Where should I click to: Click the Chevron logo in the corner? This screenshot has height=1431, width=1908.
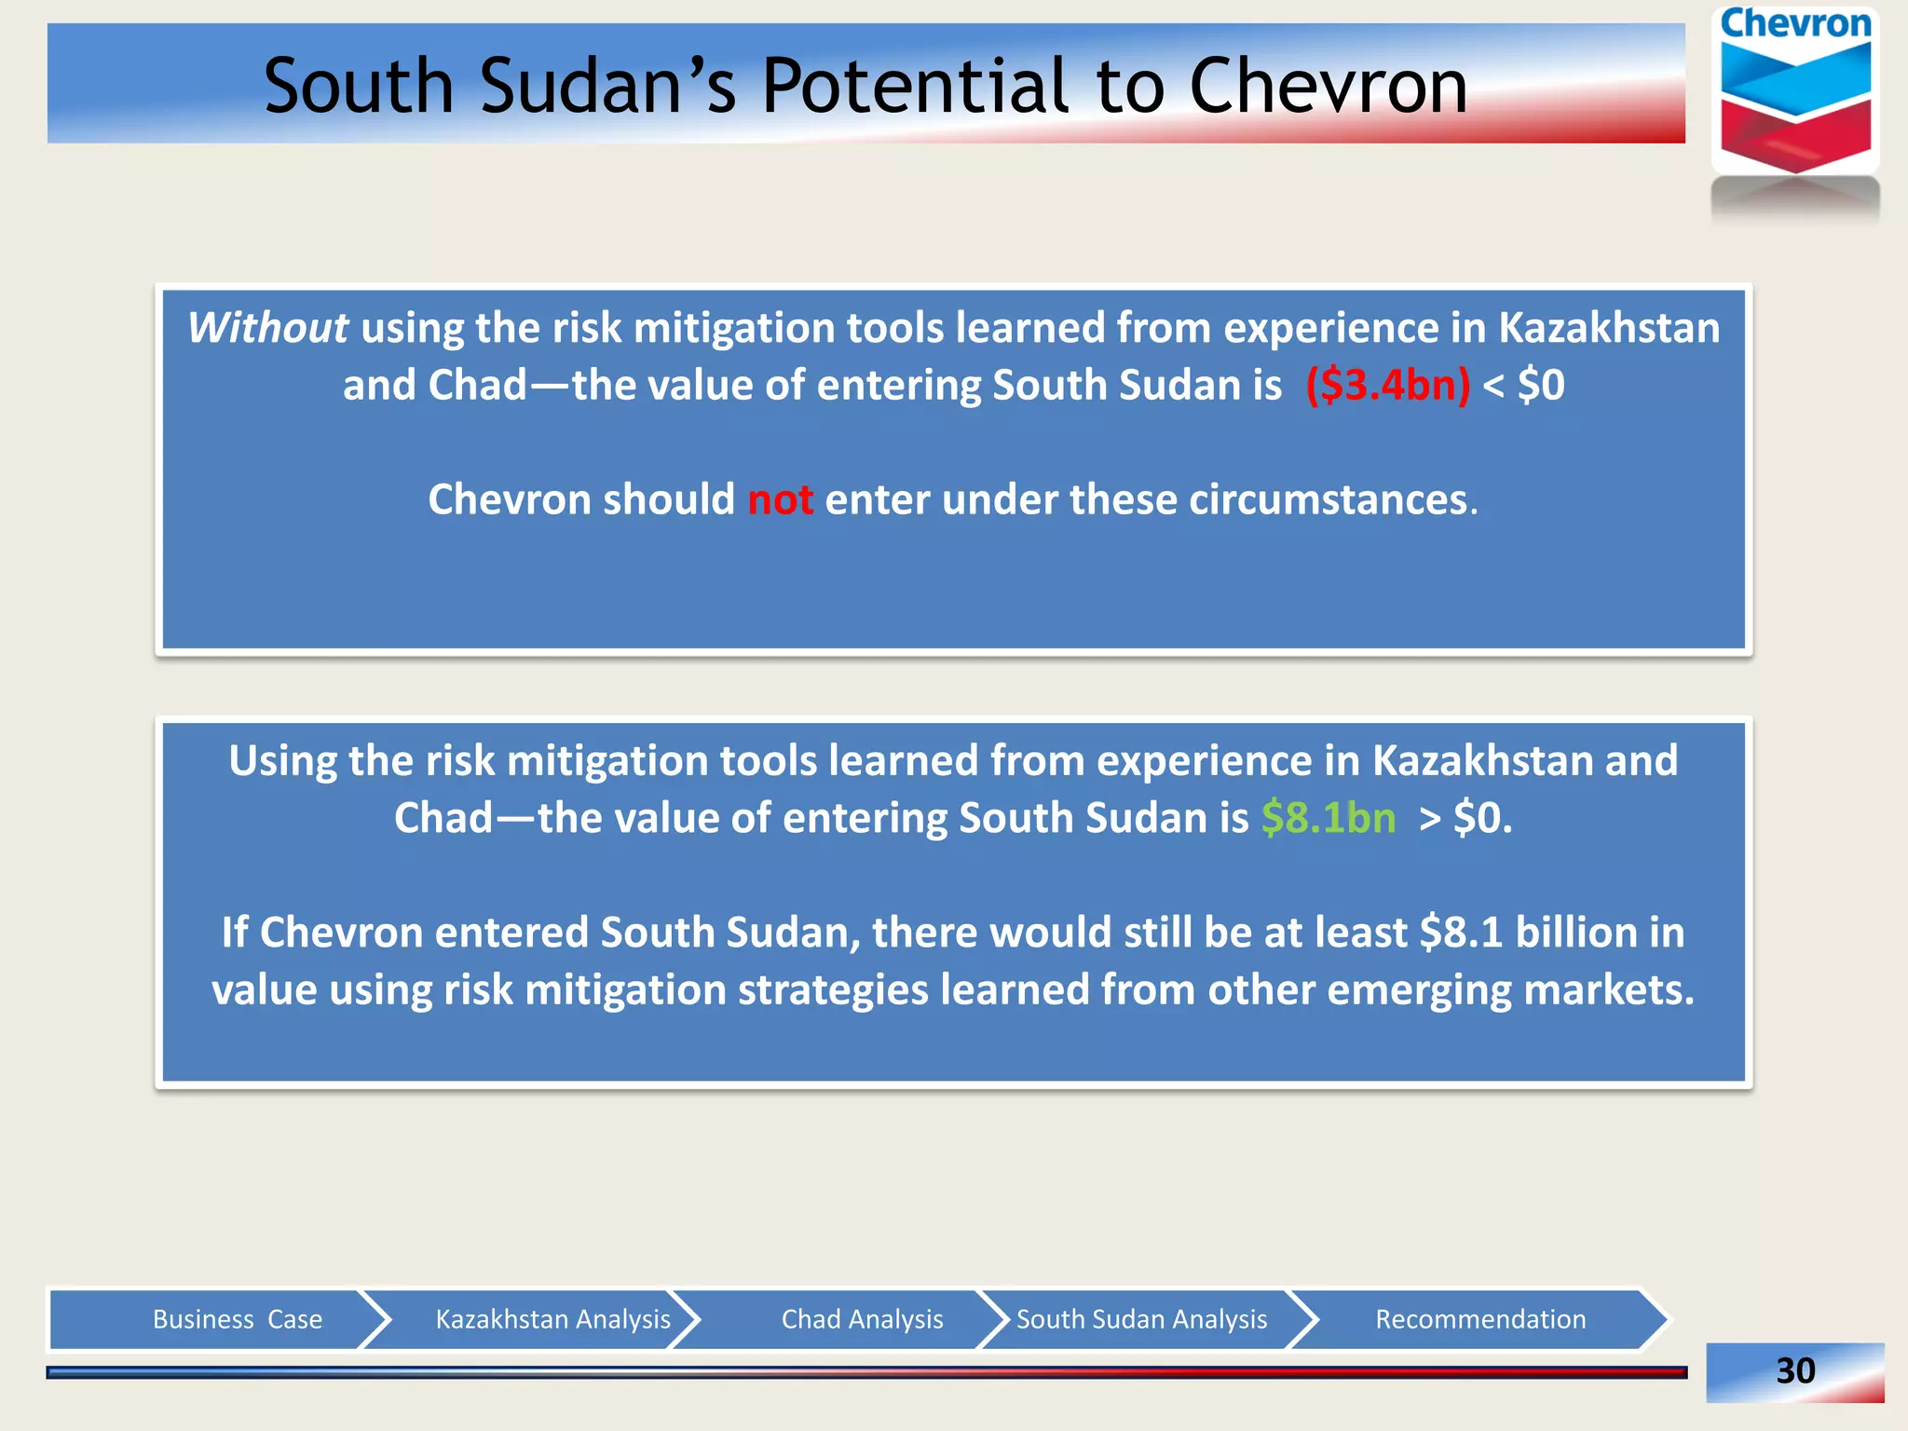coord(1795,93)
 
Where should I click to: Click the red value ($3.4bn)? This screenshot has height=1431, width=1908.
coord(1387,385)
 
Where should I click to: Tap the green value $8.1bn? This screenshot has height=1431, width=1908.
coord(1329,818)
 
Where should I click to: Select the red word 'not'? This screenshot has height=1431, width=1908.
coord(780,500)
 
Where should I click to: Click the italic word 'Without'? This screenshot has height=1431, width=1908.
coord(268,328)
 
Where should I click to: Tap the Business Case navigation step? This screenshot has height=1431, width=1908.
coord(237,1319)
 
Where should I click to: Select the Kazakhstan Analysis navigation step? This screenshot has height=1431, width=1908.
coord(552,1319)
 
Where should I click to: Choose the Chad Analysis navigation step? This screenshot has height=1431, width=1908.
coord(862,1319)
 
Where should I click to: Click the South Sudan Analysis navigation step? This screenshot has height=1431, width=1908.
coord(1141,1319)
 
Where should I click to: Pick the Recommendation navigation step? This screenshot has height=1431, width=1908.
coord(1480,1319)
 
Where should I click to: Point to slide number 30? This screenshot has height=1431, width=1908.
coord(1795,1370)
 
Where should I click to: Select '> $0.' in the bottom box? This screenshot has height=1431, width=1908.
coord(1465,818)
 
